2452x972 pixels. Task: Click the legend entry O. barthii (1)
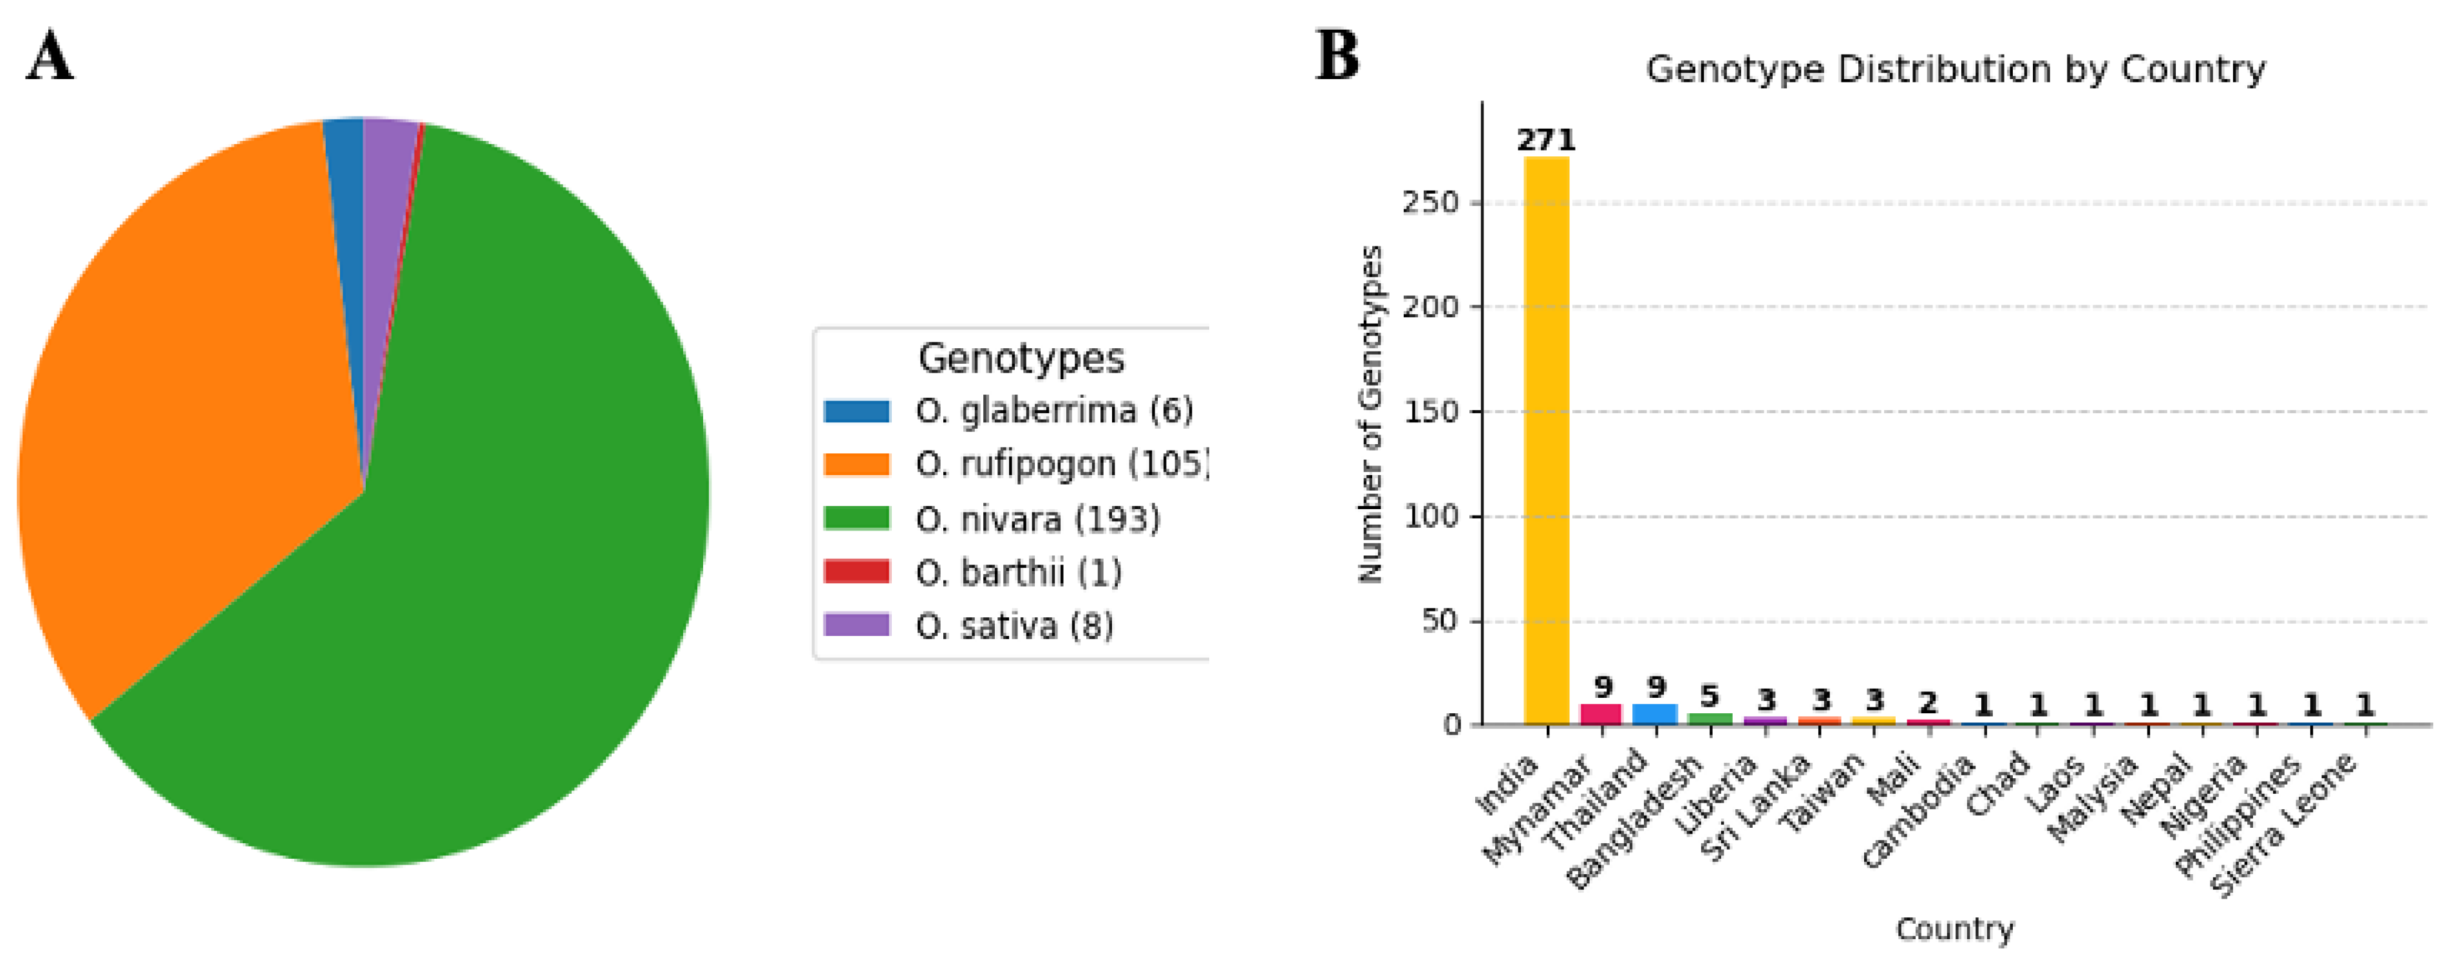[x=1019, y=572]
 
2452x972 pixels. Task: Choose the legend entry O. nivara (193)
[x=1037, y=519]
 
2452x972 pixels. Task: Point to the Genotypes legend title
[x=1021, y=358]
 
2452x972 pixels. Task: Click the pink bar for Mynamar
[x=1601, y=714]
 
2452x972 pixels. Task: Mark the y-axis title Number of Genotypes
[x=1369, y=413]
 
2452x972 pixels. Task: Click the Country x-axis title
[x=1954, y=928]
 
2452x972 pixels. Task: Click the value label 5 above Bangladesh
[x=1710, y=696]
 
